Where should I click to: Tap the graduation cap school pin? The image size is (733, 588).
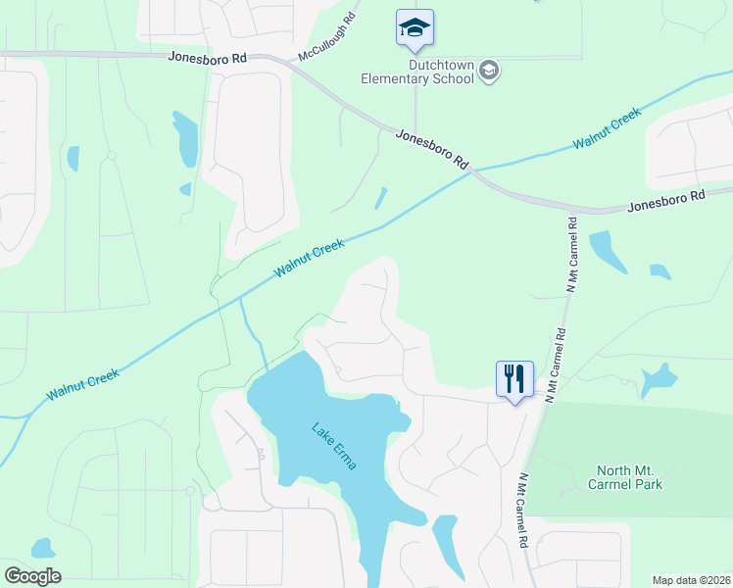pyautogui.click(x=415, y=27)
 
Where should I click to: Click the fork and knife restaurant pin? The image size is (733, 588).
pyautogui.click(x=514, y=377)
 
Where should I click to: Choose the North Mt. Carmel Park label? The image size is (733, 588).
pyautogui.click(x=625, y=476)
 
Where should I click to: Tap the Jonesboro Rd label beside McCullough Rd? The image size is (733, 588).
pyautogui.click(x=207, y=59)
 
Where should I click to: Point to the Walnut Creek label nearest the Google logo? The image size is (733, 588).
pyautogui.click(x=83, y=384)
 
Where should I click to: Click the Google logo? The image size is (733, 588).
pyautogui.click(x=33, y=576)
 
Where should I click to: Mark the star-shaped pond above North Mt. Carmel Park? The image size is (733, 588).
pyautogui.click(x=658, y=379)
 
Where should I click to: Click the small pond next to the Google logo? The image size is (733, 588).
pyautogui.click(x=42, y=548)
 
